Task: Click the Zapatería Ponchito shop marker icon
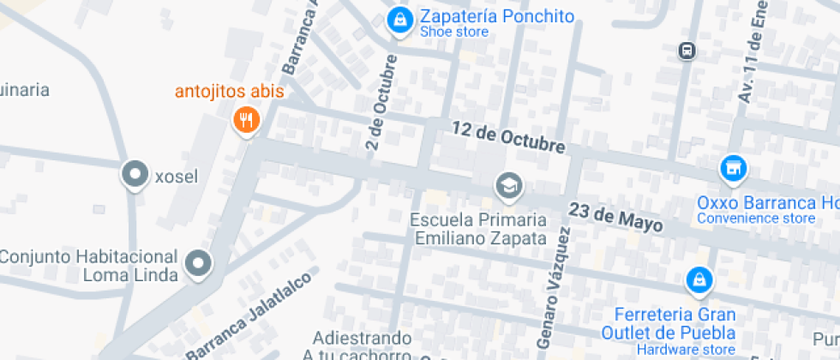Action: click(399, 21)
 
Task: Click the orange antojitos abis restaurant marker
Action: click(246, 120)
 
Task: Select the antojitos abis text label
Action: click(229, 92)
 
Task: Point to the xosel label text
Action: click(176, 177)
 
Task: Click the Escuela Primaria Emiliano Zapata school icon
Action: click(508, 186)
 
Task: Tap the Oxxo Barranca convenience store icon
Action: click(732, 169)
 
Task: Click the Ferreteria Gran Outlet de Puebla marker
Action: click(699, 280)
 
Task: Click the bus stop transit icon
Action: click(687, 51)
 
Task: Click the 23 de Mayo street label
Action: click(615, 219)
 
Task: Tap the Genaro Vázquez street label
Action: click(554, 291)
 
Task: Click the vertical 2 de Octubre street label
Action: click(381, 103)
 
